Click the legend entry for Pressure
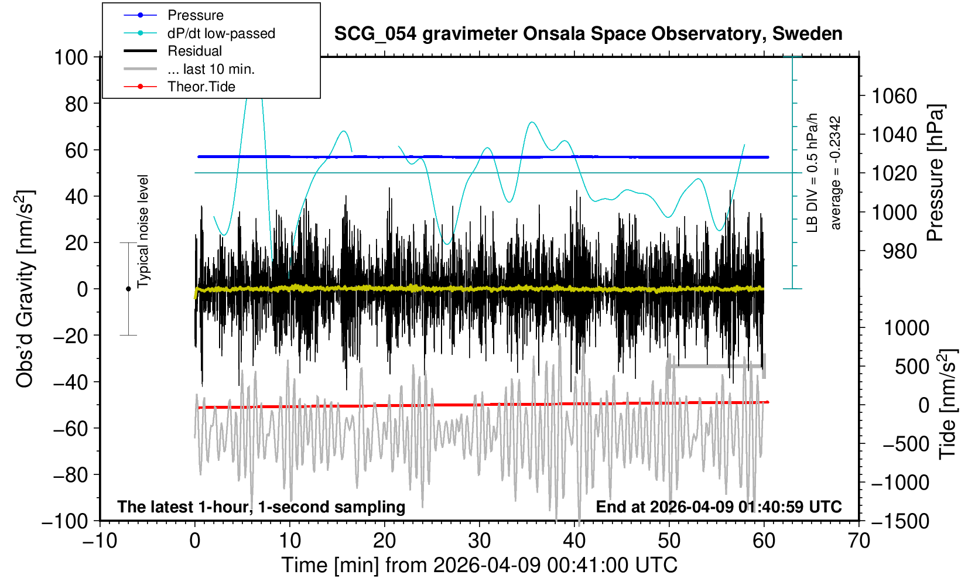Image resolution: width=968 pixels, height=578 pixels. [x=195, y=15]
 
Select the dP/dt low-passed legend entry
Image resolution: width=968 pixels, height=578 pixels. [x=221, y=33]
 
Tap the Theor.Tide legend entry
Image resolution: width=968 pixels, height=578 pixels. [x=201, y=87]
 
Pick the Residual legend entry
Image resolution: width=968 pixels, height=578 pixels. [x=194, y=51]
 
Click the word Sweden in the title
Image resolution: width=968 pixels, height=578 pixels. [x=808, y=34]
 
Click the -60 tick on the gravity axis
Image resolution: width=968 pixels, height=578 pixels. [x=73, y=428]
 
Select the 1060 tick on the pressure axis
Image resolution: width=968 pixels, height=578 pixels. [x=894, y=95]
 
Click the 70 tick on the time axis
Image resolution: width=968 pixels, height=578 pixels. [x=858, y=541]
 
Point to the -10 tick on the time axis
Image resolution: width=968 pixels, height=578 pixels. [x=100, y=541]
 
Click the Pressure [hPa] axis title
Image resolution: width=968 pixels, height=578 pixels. [x=936, y=173]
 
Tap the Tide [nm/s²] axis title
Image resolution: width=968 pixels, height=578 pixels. [x=947, y=404]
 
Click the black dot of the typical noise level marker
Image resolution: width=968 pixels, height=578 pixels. [x=128, y=289]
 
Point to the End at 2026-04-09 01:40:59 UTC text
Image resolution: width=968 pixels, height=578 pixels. [x=719, y=507]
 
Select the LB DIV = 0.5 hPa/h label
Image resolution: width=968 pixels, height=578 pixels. [x=812, y=173]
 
